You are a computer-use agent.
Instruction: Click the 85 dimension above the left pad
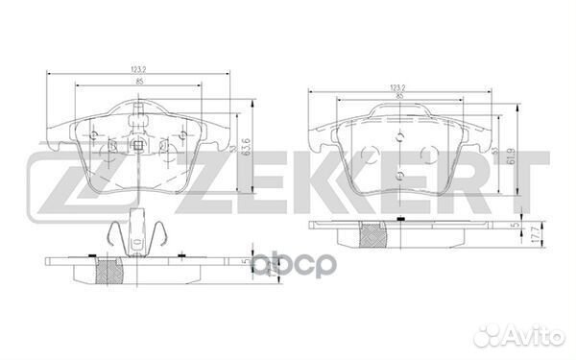[x=141, y=84]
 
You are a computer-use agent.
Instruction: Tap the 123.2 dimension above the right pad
[x=396, y=86]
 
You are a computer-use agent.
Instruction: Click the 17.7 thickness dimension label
[x=516, y=230]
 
